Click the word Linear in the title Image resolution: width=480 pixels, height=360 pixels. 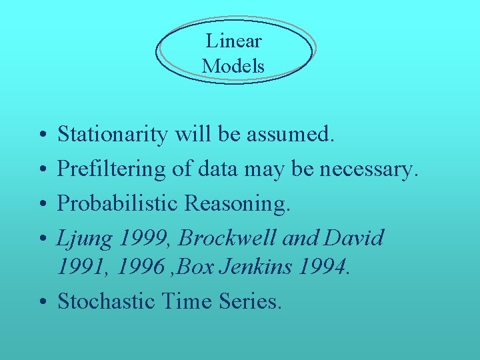pyautogui.click(x=233, y=41)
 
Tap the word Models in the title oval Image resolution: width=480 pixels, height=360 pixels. pyautogui.click(x=233, y=66)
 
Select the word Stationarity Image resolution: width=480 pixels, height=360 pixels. pyautogui.click(x=113, y=135)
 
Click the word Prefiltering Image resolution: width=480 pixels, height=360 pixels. pyautogui.click(x=111, y=169)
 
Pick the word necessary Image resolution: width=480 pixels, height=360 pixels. pyautogui.click(x=369, y=169)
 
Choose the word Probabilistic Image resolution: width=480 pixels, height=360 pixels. pyautogui.click(x=117, y=203)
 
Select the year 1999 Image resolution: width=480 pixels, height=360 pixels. pyautogui.click(x=141, y=238)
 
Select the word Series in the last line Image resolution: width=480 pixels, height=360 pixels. pyautogui.click(x=250, y=301)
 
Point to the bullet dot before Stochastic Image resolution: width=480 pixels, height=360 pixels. pyautogui.click(x=41, y=302)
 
